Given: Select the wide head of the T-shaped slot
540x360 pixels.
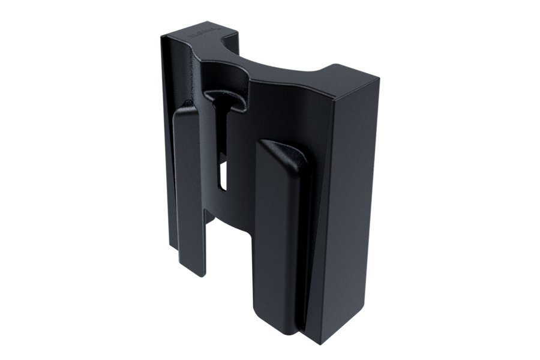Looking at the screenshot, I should coord(224,100).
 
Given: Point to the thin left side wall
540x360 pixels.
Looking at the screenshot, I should coord(166,150).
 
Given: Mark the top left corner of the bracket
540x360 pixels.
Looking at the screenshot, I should coord(162,36).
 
